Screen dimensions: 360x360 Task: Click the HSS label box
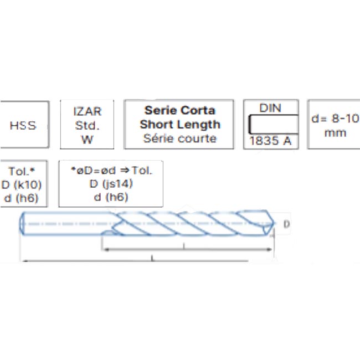pos(24,125)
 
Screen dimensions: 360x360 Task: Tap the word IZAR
pos(88,111)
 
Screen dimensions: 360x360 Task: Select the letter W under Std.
pos(88,140)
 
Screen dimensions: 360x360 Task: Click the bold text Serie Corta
pos(180,110)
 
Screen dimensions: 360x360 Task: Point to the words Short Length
pos(180,125)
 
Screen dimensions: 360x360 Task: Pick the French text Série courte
pos(180,138)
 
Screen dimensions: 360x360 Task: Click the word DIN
pos(270,108)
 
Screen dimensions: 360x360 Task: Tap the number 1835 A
pos(270,141)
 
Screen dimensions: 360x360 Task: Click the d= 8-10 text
pos(336,119)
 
